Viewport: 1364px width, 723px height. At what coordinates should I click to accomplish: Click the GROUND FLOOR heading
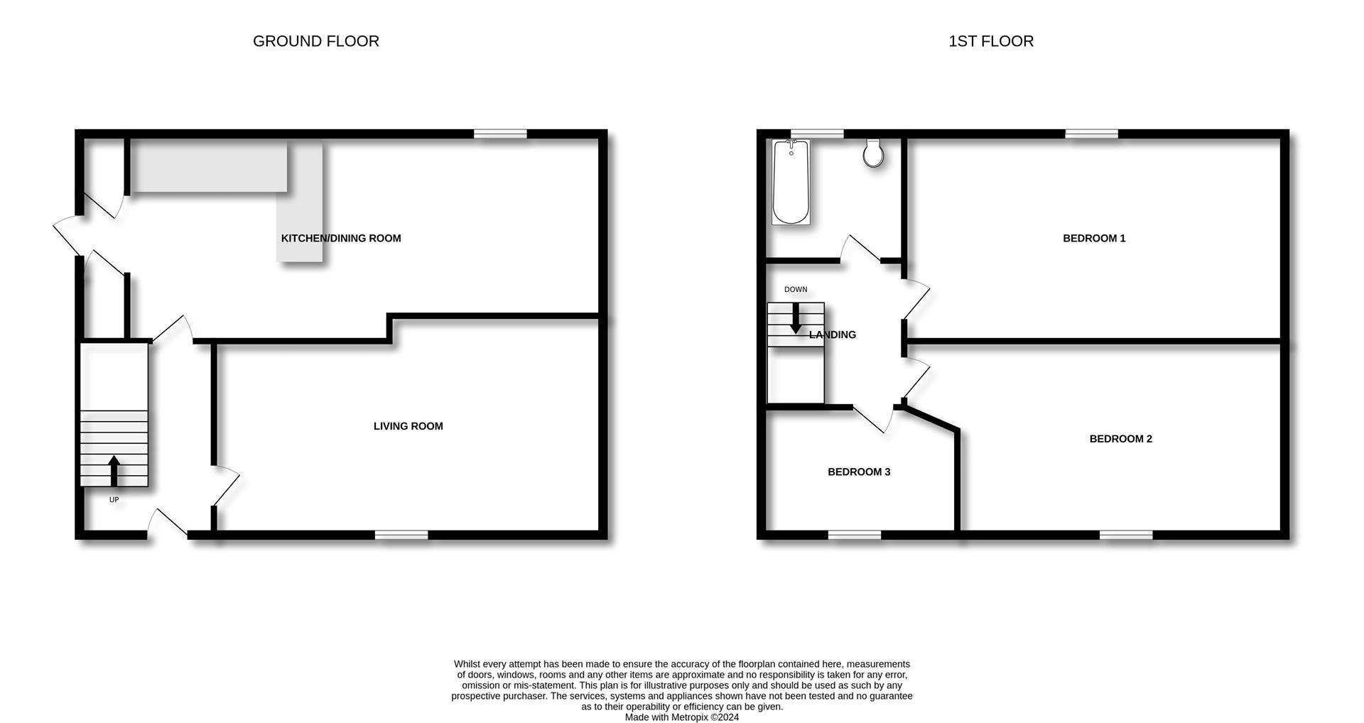[x=316, y=41]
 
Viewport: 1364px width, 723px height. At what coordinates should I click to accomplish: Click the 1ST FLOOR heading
[x=991, y=41]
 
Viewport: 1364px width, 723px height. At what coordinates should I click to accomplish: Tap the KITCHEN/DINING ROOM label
[x=341, y=239]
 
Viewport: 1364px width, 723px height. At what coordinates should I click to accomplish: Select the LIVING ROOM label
[x=408, y=426]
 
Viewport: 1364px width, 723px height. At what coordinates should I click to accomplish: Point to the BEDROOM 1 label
[x=1094, y=239]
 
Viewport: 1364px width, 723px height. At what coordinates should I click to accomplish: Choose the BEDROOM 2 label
[x=1121, y=439]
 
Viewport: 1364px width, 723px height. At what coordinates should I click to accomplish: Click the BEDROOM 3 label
[x=859, y=472]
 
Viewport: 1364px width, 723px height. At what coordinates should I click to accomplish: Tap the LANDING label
[x=833, y=335]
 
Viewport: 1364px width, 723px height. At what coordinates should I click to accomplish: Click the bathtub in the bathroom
[x=791, y=182]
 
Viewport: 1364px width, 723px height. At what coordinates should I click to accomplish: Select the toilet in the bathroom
[x=874, y=153]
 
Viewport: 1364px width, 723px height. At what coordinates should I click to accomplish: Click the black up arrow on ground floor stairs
[x=114, y=471]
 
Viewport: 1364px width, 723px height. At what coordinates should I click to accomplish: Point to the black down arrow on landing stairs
[x=796, y=319]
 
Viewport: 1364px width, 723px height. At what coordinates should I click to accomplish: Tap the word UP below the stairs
[x=114, y=500]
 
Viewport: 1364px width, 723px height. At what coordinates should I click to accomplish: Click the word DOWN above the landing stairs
[x=796, y=290]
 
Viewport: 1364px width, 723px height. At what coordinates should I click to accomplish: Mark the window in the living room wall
[x=401, y=535]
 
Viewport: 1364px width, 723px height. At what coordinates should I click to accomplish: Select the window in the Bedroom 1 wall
[x=1092, y=134]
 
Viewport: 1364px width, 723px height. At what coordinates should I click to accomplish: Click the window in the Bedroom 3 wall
[x=855, y=535]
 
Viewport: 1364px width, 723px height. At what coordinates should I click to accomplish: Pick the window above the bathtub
[x=818, y=134]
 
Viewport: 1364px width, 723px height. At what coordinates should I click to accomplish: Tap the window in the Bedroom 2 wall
[x=1127, y=535]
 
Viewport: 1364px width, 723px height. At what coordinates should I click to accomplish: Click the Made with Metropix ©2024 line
[x=682, y=717]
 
